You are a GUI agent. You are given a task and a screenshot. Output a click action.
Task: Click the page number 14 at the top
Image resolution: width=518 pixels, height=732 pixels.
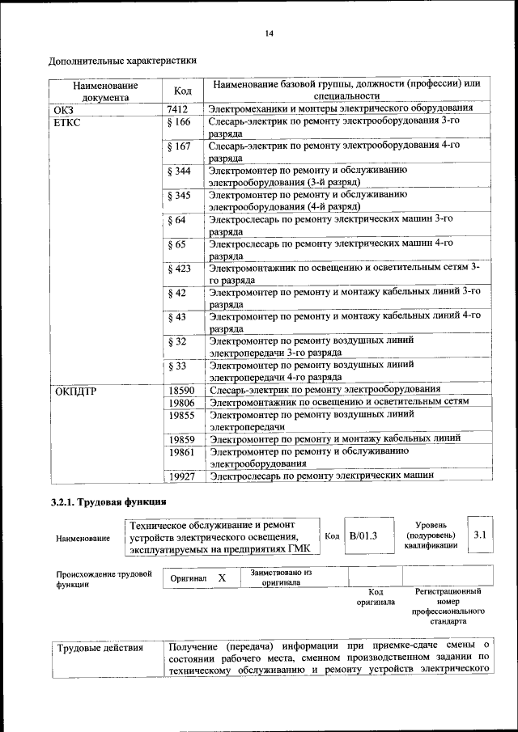pos(270,33)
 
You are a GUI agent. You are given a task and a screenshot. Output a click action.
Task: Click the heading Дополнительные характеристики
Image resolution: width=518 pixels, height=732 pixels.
pos(122,61)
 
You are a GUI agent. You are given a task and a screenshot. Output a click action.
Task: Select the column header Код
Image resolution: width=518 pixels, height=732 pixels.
pos(182,91)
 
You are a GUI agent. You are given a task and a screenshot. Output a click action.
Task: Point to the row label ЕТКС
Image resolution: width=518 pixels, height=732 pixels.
pos(69,123)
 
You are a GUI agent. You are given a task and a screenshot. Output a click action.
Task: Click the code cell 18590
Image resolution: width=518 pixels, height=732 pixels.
pos(181,391)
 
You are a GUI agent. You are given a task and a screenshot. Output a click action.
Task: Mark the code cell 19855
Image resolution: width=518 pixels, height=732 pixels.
pos(181,415)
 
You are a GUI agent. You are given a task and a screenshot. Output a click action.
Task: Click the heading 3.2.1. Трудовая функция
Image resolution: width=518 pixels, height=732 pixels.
pos(109,503)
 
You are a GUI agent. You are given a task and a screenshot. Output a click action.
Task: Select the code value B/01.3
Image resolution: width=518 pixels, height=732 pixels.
pos(363,535)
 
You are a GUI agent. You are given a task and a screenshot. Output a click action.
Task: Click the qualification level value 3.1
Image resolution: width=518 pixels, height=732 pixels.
pos(479,535)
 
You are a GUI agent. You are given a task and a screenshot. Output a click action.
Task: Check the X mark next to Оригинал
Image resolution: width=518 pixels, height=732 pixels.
pos(221,579)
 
